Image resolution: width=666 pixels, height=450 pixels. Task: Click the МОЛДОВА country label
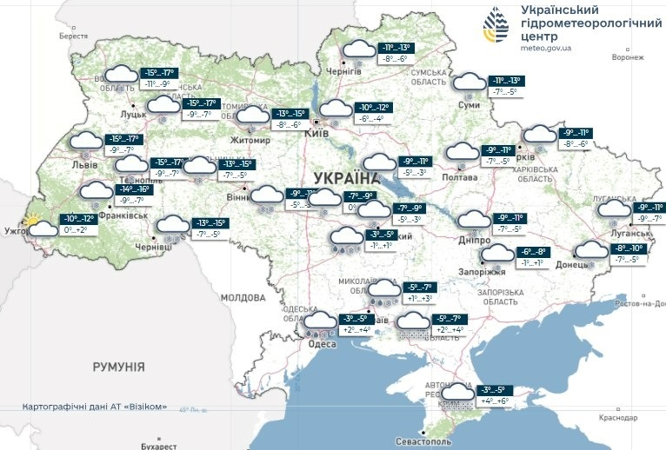click(x=243, y=297)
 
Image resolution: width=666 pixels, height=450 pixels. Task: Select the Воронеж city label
click(x=627, y=57)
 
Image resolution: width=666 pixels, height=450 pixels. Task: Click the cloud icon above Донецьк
click(x=592, y=251)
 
